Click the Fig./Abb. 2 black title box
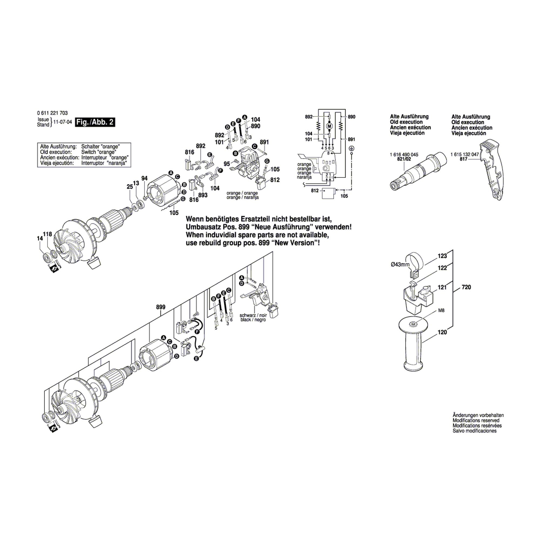95,122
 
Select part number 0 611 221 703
52,113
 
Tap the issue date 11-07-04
63,122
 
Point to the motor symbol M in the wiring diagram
329,126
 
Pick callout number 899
161,307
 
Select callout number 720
466,287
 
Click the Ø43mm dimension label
400,264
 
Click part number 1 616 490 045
404,154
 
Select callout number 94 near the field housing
144,178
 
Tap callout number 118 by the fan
48,234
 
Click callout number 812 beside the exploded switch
275,180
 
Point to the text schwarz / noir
253,315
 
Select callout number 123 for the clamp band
442,256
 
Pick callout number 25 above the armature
130,186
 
